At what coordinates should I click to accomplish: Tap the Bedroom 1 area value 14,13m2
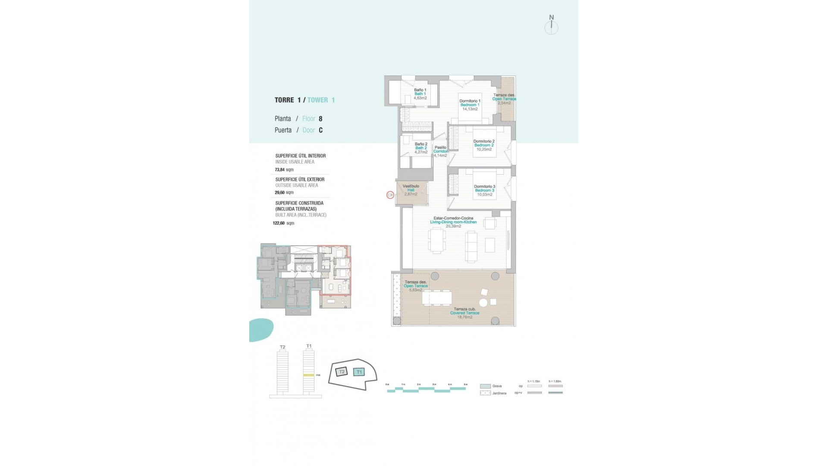(x=470, y=109)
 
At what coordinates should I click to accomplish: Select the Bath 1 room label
(x=420, y=94)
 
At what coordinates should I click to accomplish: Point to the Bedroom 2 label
(x=484, y=145)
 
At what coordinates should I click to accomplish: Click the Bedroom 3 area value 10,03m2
(x=484, y=195)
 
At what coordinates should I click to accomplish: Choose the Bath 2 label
(x=421, y=148)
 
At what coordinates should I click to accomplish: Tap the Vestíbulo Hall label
(x=411, y=188)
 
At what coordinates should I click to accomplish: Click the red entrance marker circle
(x=390, y=195)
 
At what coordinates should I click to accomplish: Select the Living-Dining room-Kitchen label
(x=453, y=222)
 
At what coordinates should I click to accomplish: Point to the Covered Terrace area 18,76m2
(x=464, y=317)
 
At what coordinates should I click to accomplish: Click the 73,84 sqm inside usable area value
(x=284, y=170)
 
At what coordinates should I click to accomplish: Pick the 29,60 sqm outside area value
(x=284, y=193)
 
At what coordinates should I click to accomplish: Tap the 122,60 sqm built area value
(x=283, y=224)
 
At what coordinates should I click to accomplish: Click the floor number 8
(x=320, y=119)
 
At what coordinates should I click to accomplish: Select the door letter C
(x=320, y=130)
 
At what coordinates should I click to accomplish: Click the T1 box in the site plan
(x=359, y=372)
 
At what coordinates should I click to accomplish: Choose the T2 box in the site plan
(x=342, y=372)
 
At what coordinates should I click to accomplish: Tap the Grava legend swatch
(x=485, y=386)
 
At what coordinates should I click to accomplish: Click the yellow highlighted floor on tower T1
(x=308, y=375)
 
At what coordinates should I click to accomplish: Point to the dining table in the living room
(x=437, y=240)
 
